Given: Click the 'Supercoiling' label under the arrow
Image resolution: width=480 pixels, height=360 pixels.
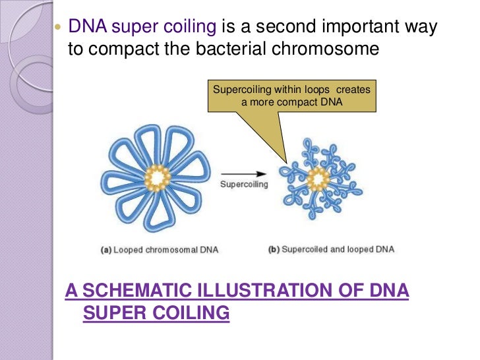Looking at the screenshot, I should (x=243, y=185).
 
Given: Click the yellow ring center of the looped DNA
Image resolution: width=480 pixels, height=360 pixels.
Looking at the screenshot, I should (x=158, y=177).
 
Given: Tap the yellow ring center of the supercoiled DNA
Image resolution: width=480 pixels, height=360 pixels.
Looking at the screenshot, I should (x=318, y=179).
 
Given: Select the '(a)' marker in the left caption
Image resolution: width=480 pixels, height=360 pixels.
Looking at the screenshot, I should (x=105, y=250).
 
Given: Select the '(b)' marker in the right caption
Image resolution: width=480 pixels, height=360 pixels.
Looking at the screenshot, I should (x=274, y=250).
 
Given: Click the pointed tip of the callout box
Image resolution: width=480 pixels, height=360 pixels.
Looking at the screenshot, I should (x=285, y=162).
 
